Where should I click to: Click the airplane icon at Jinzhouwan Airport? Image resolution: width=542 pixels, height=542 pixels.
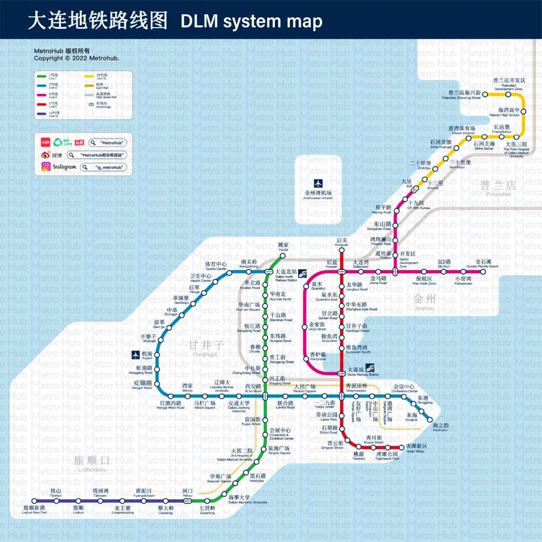point(318,183)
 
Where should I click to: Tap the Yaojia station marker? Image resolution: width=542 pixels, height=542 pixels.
point(283,255)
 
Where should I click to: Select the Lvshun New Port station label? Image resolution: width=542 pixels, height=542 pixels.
point(34,510)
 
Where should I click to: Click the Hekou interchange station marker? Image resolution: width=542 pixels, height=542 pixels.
point(187,501)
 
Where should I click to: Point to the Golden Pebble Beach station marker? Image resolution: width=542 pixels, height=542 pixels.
point(483,272)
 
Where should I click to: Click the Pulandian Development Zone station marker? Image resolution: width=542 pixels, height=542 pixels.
point(508,94)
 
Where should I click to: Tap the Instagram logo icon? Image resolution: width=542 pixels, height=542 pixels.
point(46,167)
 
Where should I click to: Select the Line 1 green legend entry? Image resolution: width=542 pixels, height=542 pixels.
point(48,76)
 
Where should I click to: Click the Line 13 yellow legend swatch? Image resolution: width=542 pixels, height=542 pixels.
point(89,76)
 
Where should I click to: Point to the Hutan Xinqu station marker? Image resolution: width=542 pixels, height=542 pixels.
point(402,447)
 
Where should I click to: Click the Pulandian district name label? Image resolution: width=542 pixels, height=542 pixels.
point(498,187)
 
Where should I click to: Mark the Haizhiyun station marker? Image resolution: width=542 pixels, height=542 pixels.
point(430,420)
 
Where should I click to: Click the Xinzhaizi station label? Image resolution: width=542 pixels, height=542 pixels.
point(148,338)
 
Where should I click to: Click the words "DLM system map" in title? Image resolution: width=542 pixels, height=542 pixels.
point(251,21)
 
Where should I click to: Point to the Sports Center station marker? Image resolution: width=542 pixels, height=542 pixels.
point(229,273)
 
